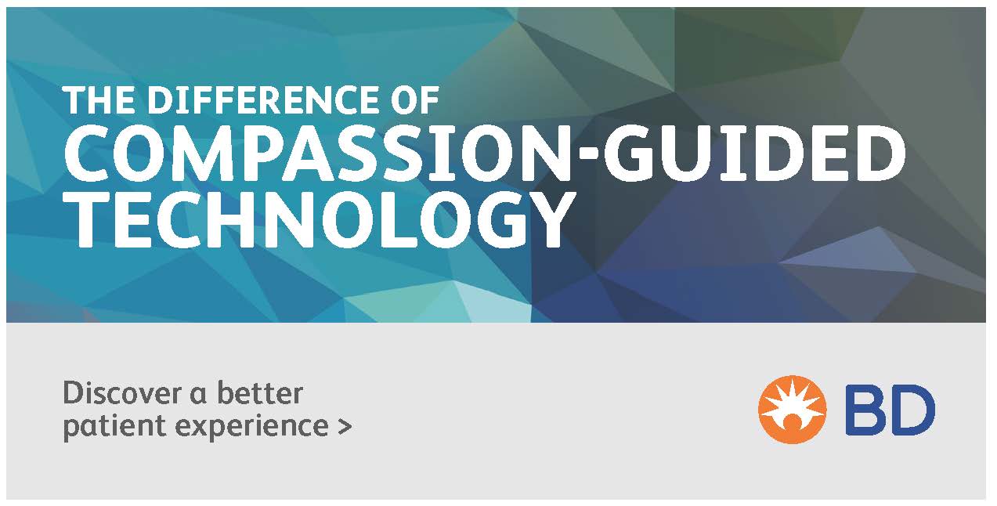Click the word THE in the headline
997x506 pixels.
[x=99, y=99]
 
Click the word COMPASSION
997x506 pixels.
[x=321, y=153]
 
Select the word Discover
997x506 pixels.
[x=122, y=393]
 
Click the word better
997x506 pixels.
[x=260, y=392]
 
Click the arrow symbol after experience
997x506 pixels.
[x=345, y=426]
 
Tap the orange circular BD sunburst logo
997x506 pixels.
[x=793, y=410]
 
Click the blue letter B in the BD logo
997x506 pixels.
[x=865, y=410]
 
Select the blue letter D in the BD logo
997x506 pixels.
[x=913, y=410]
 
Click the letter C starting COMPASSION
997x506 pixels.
[x=86, y=153]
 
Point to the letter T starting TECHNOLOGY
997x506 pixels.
[x=89, y=219]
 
